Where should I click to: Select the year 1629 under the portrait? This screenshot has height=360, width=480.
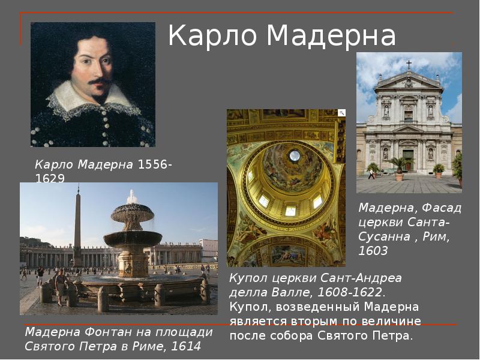pyautogui.click(x=49, y=178)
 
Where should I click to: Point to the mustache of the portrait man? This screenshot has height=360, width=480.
pyautogui.click(x=99, y=80)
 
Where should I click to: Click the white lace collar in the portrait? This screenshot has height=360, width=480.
pyautogui.click(x=90, y=99)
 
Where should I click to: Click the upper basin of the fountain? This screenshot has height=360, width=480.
pyautogui.click(x=132, y=210)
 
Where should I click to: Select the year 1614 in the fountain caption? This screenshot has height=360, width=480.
pyautogui.click(x=186, y=346)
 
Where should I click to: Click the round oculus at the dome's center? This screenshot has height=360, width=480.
pyautogui.click(x=295, y=156)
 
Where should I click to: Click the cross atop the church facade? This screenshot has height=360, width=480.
pyautogui.click(x=409, y=64)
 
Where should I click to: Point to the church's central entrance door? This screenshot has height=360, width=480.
pyautogui.click(x=409, y=161)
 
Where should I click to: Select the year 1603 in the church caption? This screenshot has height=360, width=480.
pyautogui.click(x=373, y=251)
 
